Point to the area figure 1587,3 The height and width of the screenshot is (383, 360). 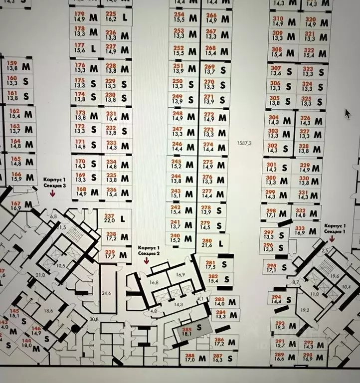click(245, 144)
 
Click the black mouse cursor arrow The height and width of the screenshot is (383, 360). click(348, 113)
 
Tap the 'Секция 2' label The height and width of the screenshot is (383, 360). click(149, 254)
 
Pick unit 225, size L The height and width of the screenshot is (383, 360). click(116, 16)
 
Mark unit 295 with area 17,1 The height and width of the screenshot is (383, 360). click(276, 267)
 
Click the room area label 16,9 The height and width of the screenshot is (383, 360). click(180, 274)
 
